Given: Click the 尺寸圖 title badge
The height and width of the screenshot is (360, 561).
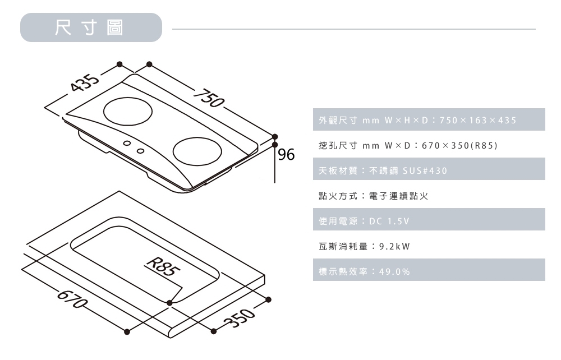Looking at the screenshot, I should tap(90, 27).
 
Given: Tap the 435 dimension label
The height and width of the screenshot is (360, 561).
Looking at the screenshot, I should tap(84, 82).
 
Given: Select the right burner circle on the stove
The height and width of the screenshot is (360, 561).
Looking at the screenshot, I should tap(199, 151).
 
